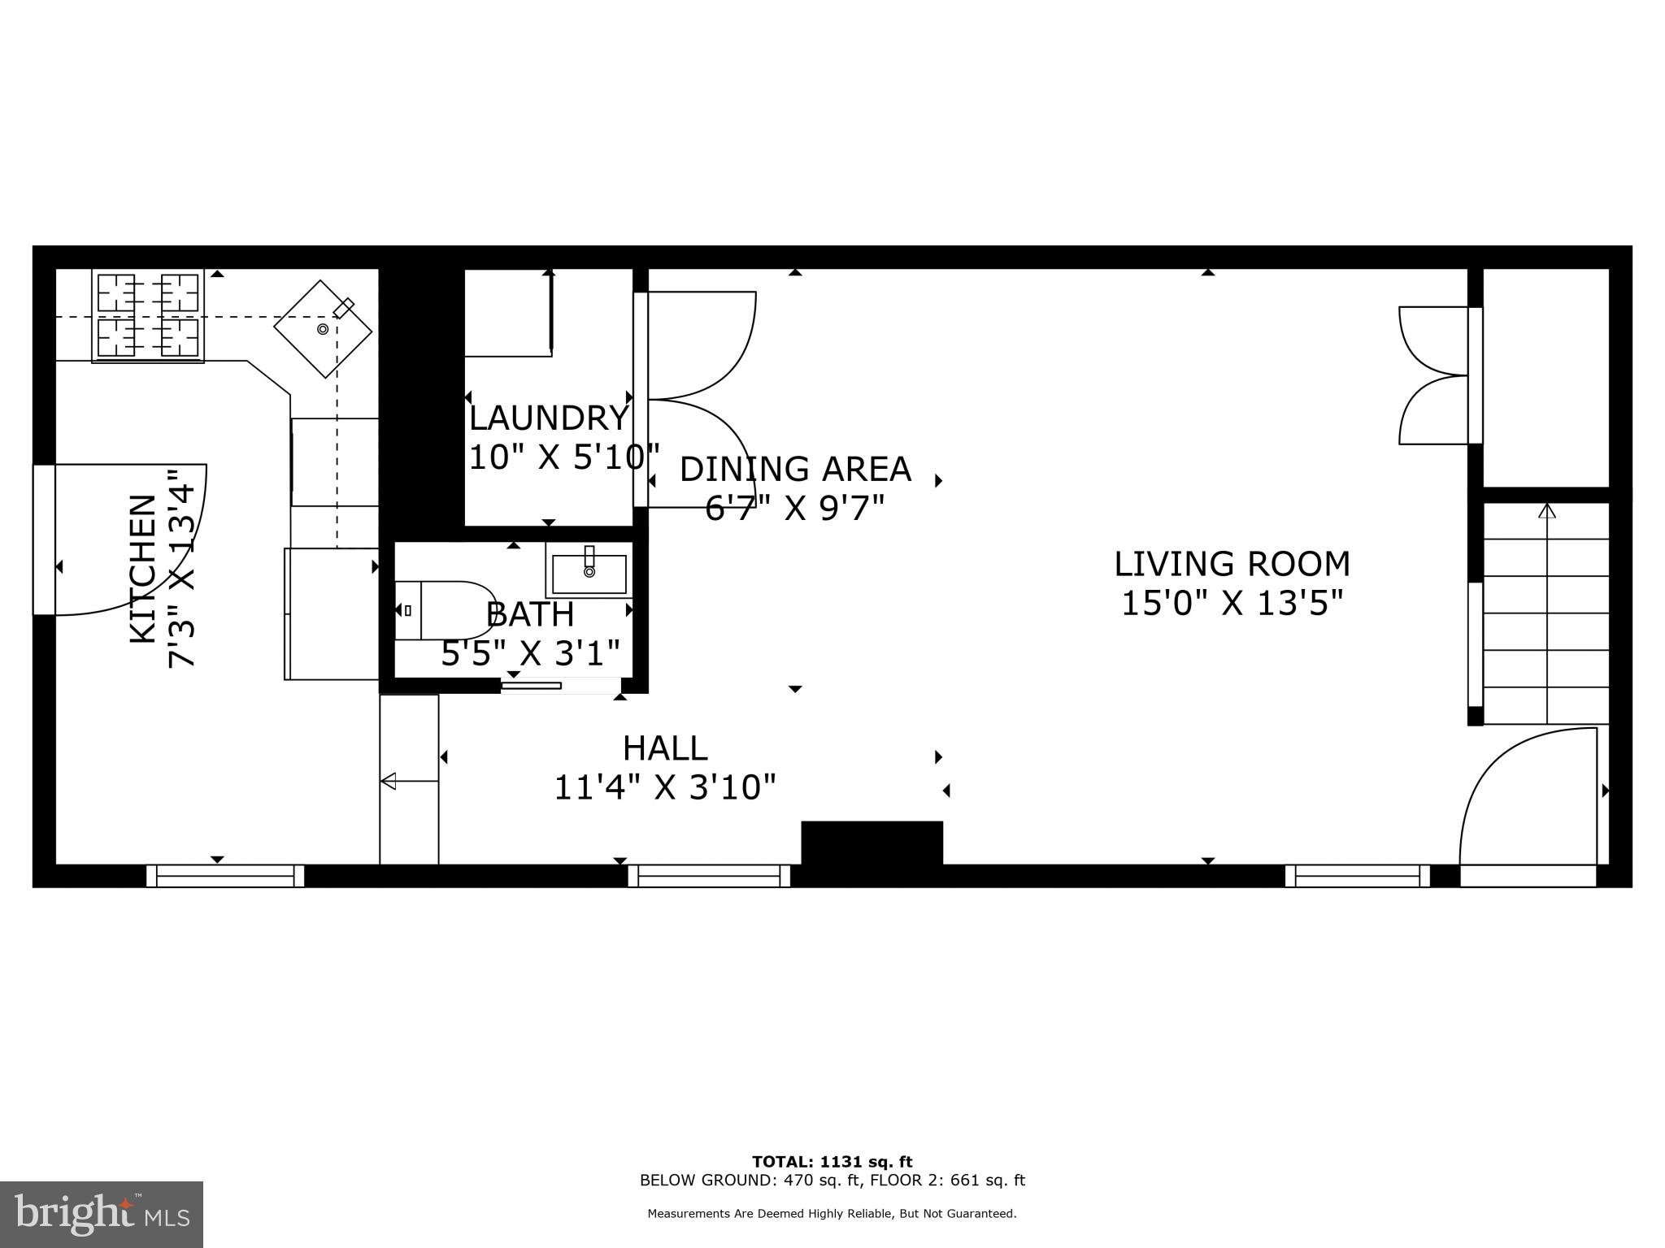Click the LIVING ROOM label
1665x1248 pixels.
tap(1231, 564)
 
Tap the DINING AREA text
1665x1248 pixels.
tap(795, 469)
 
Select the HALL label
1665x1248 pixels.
tap(665, 748)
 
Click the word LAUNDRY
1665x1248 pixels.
tap(549, 418)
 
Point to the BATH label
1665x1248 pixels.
tap(530, 614)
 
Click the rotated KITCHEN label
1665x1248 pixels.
tap(143, 569)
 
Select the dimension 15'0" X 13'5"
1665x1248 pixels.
tap(1231, 604)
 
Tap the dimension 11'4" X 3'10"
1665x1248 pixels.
tap(665, 787)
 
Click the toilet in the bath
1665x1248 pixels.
tap(446, 610)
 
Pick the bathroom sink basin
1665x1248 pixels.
tap(589, 574)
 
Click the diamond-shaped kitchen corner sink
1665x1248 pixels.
tap(323, 329)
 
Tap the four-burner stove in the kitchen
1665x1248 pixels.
tap(148, 315)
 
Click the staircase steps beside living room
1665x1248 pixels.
tap(1546, 613)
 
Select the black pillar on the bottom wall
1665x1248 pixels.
tap(872, 843)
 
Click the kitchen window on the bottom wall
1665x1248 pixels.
tap(225, 876)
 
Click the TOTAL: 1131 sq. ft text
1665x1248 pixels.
tap(832, 1162)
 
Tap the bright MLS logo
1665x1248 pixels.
tap(102, 1215)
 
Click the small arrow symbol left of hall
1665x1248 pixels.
tap(409, 781)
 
